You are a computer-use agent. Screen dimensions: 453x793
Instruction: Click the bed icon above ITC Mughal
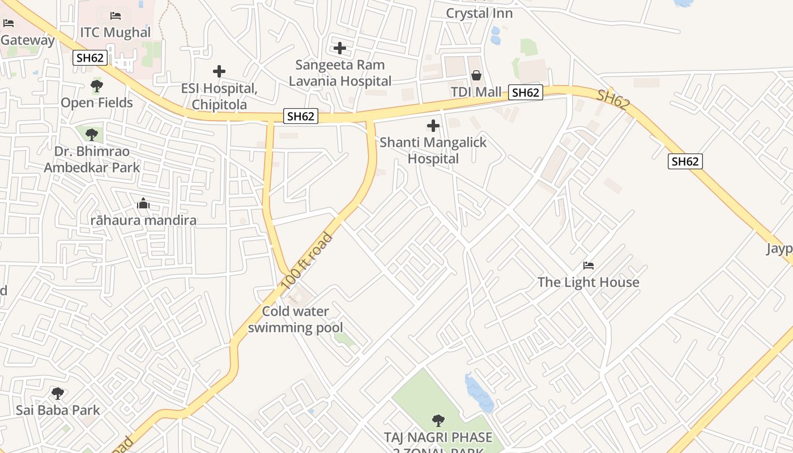tap(116, 16)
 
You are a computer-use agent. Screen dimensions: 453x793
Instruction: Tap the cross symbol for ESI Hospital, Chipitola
tap(219, 71)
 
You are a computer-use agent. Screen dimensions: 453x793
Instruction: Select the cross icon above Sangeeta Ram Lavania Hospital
tap(340, 48)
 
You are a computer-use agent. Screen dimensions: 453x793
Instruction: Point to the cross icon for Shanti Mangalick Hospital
tap(433, 126)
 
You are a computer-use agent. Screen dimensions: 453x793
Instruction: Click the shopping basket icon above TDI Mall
tap(476, 75)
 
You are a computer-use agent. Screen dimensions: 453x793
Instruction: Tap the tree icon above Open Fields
tap(97, 86)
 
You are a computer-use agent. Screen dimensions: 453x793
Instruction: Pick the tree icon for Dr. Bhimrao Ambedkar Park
tap(92, 135)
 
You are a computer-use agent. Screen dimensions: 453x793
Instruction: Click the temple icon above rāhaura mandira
tap(143, 203)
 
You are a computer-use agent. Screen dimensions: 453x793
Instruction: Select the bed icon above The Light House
tap(589, 265)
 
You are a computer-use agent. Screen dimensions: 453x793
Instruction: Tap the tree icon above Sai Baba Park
tap(57, 393)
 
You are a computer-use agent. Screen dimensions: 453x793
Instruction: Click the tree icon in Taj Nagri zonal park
tap(438, 420)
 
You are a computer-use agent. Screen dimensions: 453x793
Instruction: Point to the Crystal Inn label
tap(479, 14)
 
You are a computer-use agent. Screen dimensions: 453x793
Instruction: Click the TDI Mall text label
tap(476, 92)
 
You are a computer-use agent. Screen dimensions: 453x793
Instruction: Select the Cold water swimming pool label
tap(295, 319)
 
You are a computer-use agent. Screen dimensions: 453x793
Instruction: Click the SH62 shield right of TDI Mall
tap(526, 92)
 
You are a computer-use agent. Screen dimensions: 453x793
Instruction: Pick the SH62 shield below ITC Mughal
tap(90, 58)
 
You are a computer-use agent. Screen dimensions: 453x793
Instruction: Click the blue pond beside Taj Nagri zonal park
tap(479, 392)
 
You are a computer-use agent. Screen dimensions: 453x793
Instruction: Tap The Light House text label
tap(588, 283)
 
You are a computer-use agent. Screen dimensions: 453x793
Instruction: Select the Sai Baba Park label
tap(58, 411)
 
